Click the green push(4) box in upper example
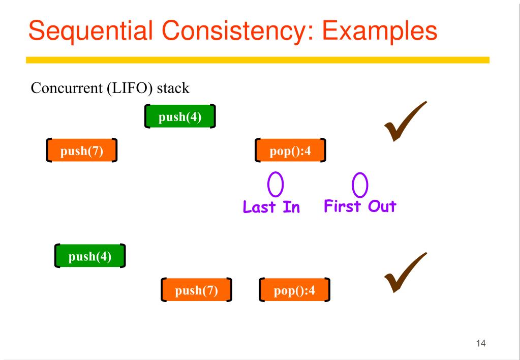[x=180, y=117]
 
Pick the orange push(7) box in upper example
[x=81, y=151]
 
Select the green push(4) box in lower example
[x=89, y=256]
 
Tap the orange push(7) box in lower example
[x=196, y=290]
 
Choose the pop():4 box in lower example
[x=294, y=290]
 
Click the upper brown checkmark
[x=405, y=122]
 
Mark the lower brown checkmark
[x=405, y=273]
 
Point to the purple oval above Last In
[x=276, y=185]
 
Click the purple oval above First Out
[x=360, y=185]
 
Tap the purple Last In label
[x=271, y=207]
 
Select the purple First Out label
[x=360, y=206]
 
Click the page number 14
[x=481, y=344]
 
